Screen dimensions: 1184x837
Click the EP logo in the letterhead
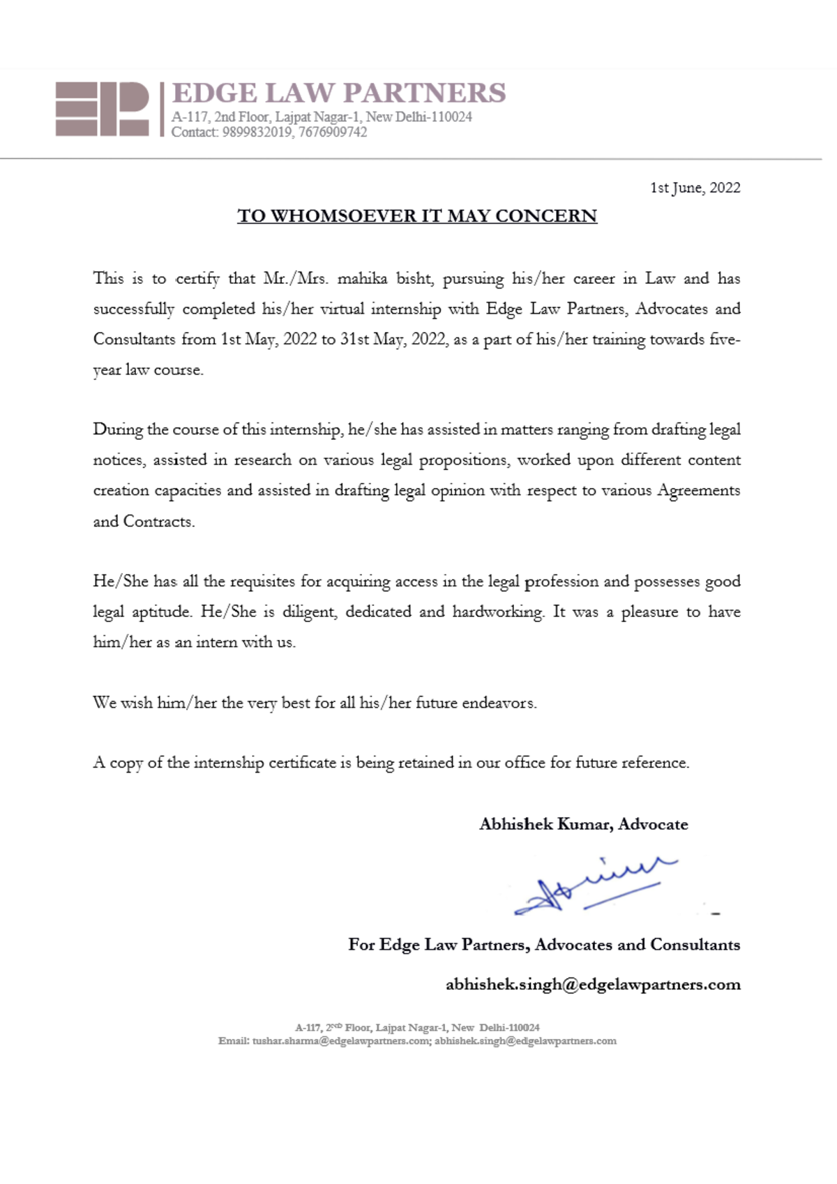tap(102, 109)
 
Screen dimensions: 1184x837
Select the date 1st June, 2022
tap(695, 188)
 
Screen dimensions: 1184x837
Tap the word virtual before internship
tap(342, 309)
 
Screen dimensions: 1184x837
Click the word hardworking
tap(498, 612)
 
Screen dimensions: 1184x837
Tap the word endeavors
tap(499, 703)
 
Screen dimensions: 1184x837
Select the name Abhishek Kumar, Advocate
tap(583, 824)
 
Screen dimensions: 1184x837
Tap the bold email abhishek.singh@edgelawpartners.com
tap(593, 985)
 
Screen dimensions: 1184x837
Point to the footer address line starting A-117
tap(417, 1028)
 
